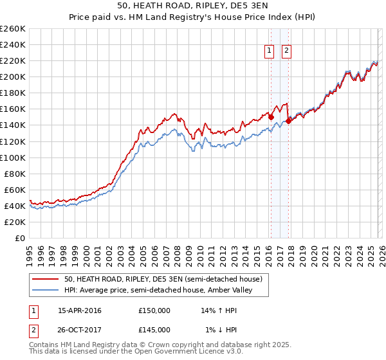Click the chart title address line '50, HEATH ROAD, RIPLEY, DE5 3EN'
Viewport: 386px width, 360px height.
click(x=192, y=6)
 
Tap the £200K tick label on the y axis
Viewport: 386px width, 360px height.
click(x=13, y=76)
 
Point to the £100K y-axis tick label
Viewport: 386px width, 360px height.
click(x=13, y=157)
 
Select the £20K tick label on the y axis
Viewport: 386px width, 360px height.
click(x=15, y=222)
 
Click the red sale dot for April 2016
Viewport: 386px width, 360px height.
click(x=271, y=116)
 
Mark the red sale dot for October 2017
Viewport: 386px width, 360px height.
click(x=288, y=120)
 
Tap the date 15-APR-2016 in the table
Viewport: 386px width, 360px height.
click(x=80, y=310)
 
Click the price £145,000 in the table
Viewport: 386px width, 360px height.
click(x=154, y=329)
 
